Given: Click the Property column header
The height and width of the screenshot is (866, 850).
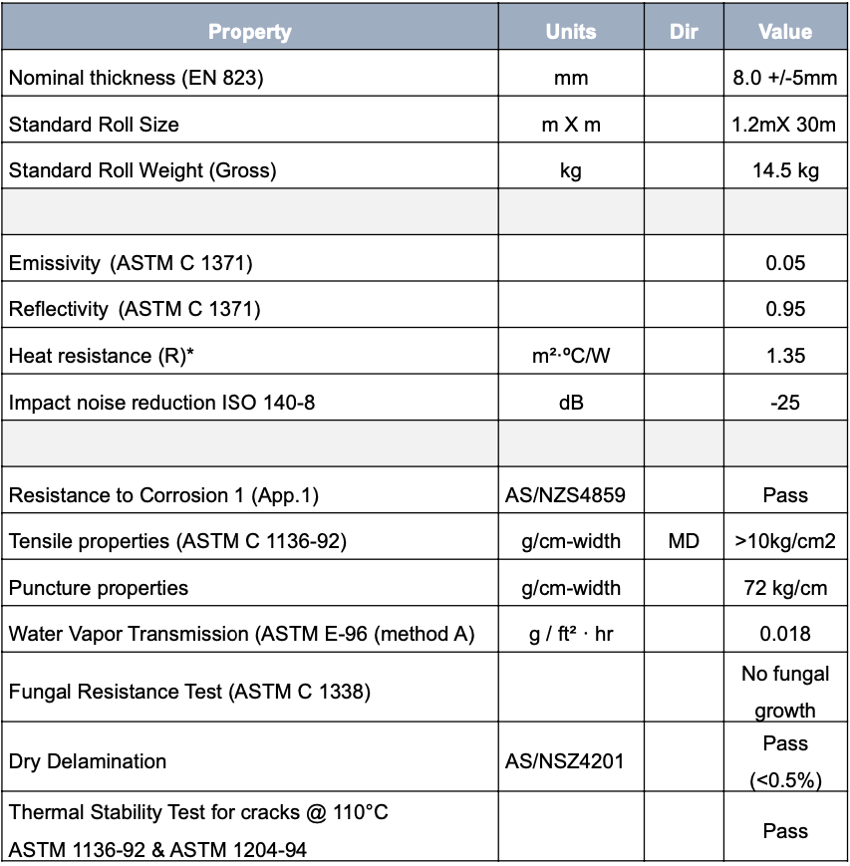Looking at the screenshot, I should [249, 32].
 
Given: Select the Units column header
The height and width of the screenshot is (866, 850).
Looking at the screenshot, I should [571, 32].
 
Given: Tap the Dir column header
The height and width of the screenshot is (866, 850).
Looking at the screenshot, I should [684, 32].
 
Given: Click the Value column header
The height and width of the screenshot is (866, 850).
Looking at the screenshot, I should [785, 32].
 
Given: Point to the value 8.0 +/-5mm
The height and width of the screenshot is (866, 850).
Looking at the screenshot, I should [785, 78].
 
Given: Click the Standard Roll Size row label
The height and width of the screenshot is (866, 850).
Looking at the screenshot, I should [94, 125].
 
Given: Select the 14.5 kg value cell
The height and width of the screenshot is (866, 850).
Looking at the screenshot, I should [785, 170].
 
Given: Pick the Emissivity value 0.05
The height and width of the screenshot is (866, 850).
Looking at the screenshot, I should [785, 263].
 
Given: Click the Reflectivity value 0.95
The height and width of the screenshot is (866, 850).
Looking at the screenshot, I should [785, 309].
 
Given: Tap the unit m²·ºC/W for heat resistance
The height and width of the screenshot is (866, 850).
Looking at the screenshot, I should [571, 356].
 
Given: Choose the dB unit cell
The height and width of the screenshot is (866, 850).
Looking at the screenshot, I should [571, 403].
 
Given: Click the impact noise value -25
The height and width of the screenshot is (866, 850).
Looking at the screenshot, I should [785, 403].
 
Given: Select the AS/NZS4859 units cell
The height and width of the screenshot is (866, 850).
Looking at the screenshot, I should [571, 495].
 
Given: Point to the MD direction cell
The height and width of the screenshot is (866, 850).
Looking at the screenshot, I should [684, 541].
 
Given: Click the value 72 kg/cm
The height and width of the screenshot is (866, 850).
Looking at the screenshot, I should [785, 588].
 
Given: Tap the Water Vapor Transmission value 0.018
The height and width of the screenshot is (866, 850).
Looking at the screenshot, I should [785, 634].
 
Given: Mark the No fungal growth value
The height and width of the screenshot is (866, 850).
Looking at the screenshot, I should [785, 692].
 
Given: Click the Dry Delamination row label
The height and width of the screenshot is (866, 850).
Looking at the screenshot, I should [88, 761].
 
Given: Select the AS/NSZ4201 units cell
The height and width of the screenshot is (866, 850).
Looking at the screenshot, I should [571, 761].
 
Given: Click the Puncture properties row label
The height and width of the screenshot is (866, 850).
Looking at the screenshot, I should [99, 588].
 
